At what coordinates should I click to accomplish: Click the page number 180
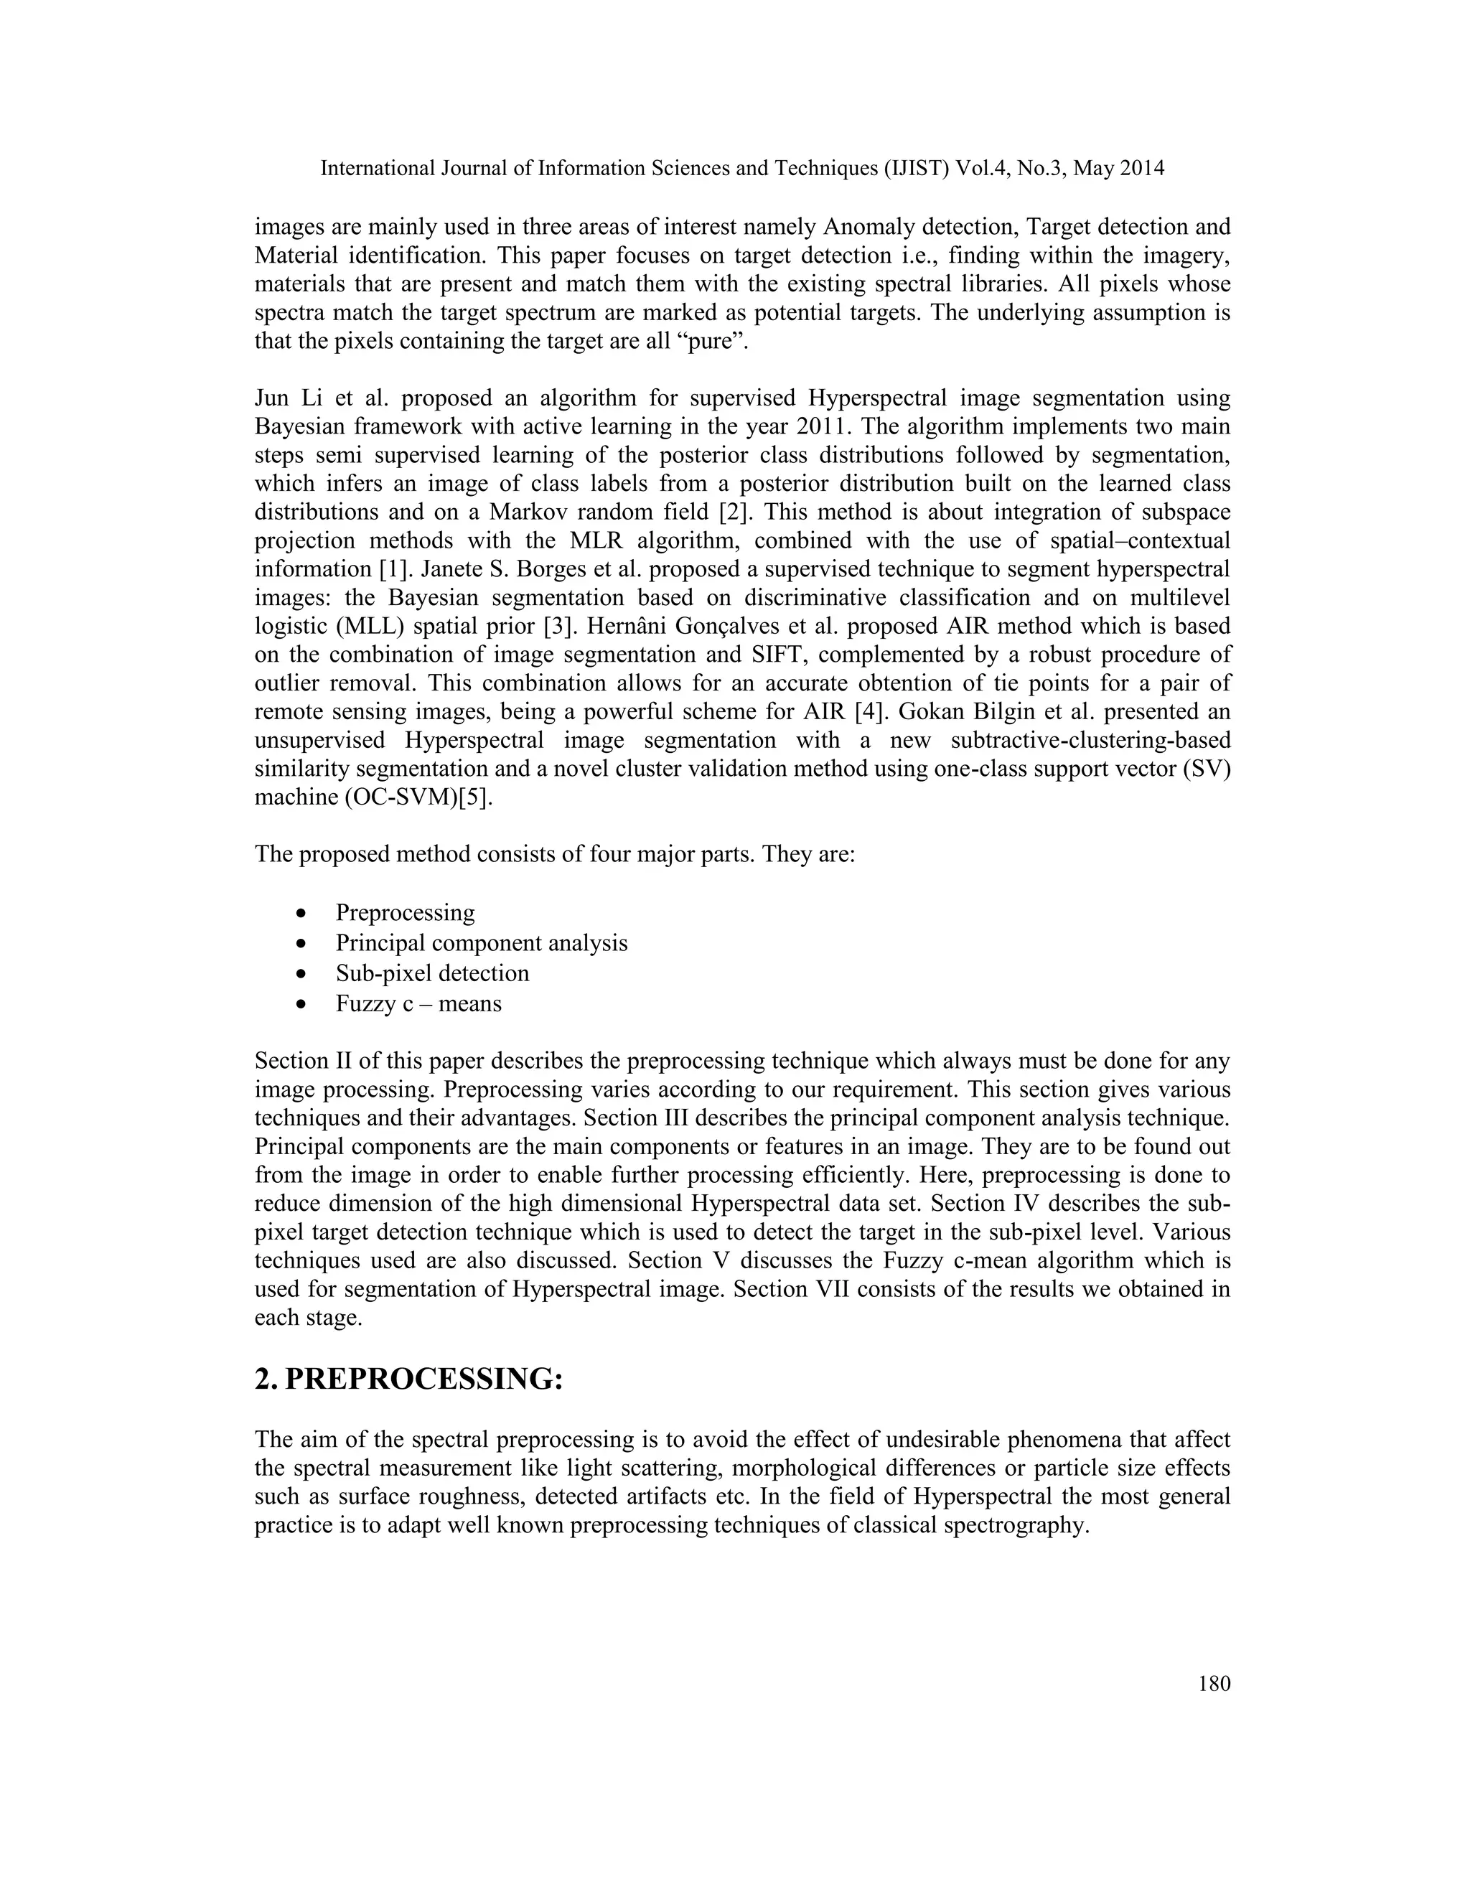pos(1214,1683)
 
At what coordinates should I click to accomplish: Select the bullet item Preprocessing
pos(405,913)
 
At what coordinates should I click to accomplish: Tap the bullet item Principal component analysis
pos(481,943)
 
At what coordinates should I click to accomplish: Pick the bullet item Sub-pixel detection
pos(432,973)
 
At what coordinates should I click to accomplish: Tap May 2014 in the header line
pos(1118,168)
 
